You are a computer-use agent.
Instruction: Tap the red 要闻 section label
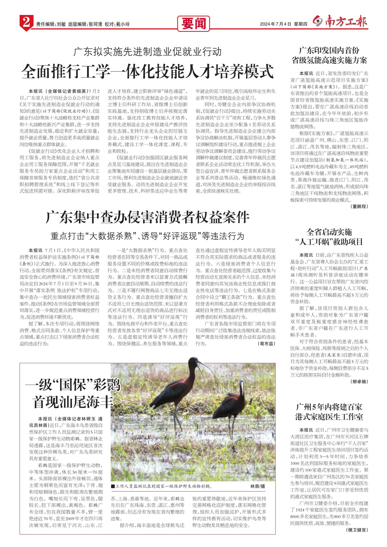(193, 24)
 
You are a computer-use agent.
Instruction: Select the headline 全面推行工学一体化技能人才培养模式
(148, 72)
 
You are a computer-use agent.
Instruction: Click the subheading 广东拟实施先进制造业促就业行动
(148, 52)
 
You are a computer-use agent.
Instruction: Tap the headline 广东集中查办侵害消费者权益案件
(148, 218)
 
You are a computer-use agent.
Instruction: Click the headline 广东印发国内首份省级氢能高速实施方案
(329, 56)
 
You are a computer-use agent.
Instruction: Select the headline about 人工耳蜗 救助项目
(329, 237)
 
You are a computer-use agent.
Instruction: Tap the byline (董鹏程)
(359, 206)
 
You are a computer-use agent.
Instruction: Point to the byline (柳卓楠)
(360, 382)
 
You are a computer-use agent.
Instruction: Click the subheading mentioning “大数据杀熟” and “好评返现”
(148, 236)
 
